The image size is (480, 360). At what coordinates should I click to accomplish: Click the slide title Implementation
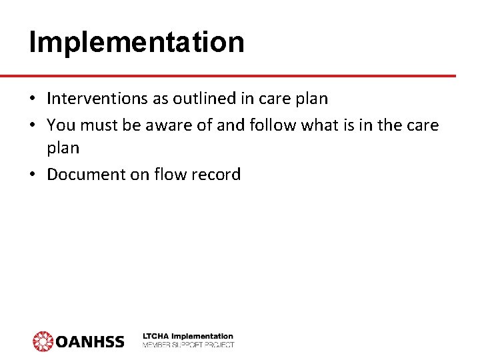(137, 43)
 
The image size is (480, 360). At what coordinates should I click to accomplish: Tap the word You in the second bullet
(61, 125)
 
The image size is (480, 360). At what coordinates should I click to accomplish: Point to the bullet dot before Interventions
(33, 99)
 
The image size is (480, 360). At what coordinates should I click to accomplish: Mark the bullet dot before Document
(33, 175)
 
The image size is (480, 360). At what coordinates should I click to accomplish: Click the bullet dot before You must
(33, 125)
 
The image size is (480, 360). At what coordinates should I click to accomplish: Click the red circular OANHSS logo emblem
(43, 341)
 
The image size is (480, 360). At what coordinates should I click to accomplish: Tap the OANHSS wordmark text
(90, 341)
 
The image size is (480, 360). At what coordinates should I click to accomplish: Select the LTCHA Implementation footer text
(188, 336)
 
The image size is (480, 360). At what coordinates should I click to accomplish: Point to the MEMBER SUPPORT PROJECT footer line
(188, 345)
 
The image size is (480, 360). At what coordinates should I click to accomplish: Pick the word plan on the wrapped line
(63, 148)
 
